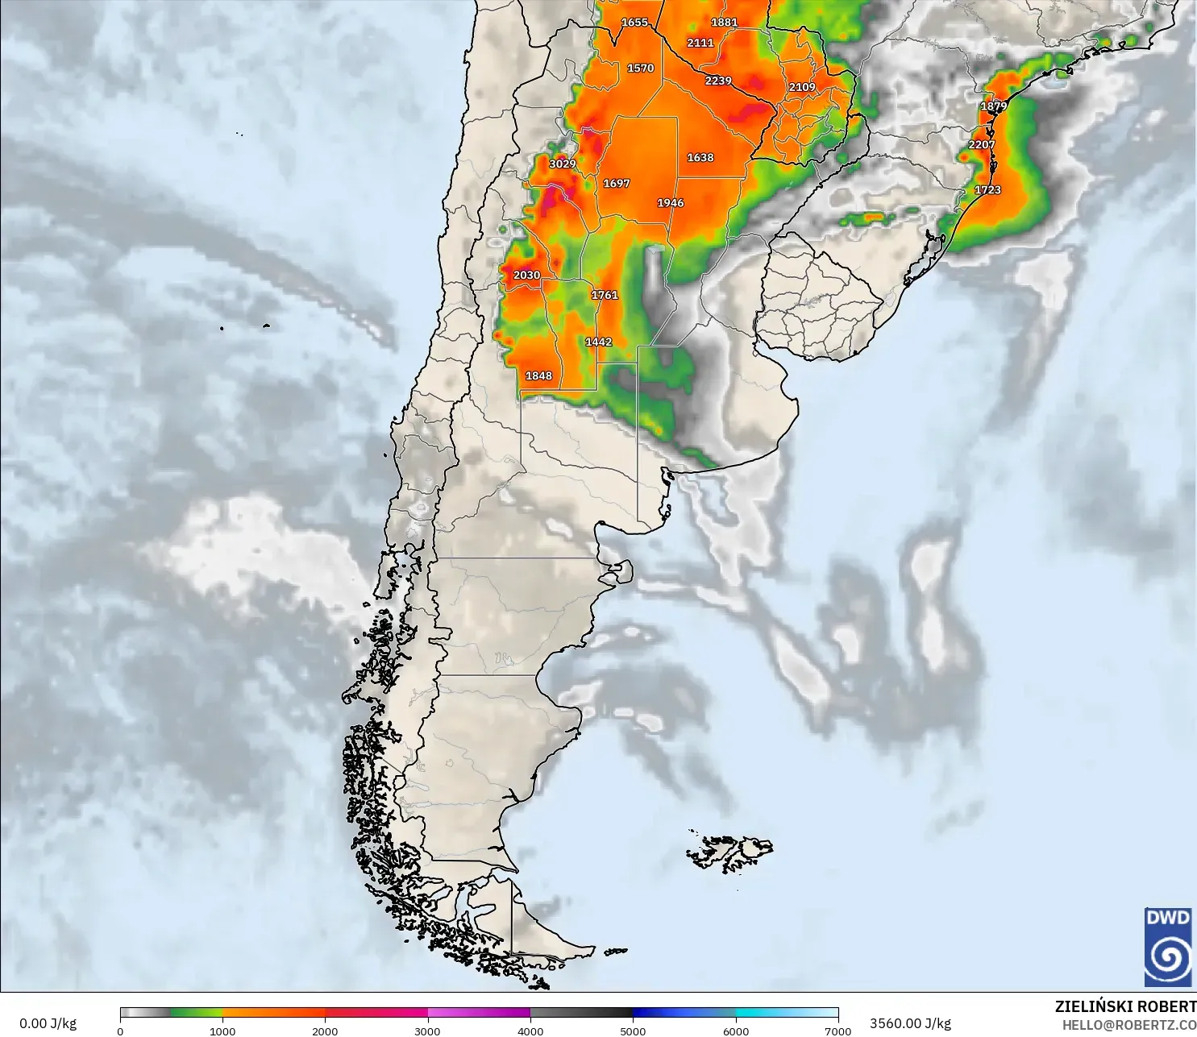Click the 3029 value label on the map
click(563, 164)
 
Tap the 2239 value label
click(718, 81)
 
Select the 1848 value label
click(538, 375)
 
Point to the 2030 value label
click(526, 275)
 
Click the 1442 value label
click(598, 342)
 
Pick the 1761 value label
click(605, 295)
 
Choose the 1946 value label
click(670, 203)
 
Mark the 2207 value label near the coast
click(982, 145)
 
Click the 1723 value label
click(987, 190)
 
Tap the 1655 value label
click(634, 23)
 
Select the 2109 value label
click(802, 87)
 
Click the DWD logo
click(1168, 947)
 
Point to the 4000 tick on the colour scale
click(530, 1031)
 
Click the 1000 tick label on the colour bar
click(222, 1031)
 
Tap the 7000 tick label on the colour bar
click(838, 1031)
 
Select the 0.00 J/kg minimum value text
click(48, 1023)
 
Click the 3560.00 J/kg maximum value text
click(910, 1023)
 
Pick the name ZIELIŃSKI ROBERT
click(1125, 1006)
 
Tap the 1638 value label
click(700, 158)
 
